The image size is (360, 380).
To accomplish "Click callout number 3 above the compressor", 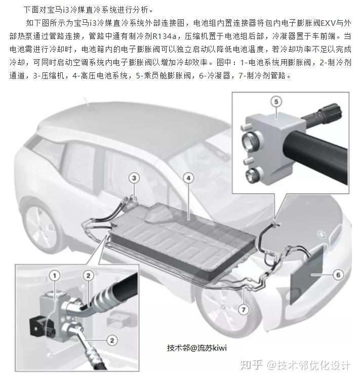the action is click(x=134, y=178).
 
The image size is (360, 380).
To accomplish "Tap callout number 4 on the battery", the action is click(x=188, y=178).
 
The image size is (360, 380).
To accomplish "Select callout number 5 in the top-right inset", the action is click(x=276, y=102).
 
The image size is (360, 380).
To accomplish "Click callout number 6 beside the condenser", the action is click(x=338, y=275).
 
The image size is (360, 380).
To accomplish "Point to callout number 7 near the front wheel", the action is click(x=244, y=309).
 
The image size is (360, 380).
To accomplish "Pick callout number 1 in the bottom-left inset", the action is click(x=55, y=276).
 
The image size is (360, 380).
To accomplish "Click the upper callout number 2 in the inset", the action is click(x=88, y=276).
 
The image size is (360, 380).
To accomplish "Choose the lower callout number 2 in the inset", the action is click(x=112, y=340).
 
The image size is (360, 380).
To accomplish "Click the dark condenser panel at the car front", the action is click(x=307, y=275).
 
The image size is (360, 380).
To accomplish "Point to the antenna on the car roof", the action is click(x=86, y=101).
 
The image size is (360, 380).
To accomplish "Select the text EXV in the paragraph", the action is click(x=328, y=23).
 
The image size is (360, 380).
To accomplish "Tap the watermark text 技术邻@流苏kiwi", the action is click(x=197, y=348).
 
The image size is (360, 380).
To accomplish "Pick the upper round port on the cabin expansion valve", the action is click(x=249, y=140).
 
